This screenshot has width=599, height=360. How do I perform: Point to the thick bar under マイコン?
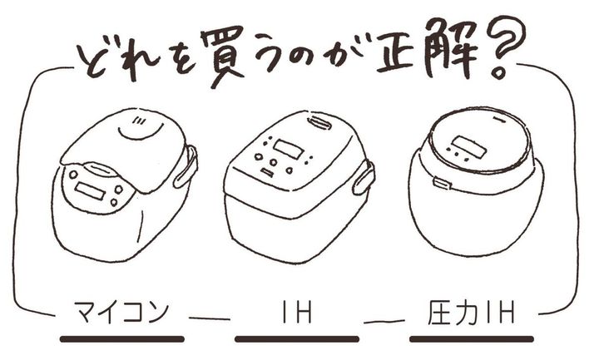122,339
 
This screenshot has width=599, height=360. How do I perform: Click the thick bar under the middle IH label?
297,339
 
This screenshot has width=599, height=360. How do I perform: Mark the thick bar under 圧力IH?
472,339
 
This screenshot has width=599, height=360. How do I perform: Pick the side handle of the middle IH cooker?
364,177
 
